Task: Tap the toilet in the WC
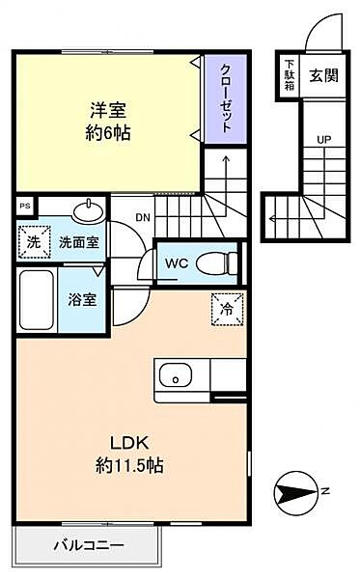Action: click(217, 263)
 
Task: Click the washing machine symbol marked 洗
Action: click(34, 242)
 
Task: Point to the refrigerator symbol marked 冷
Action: click(228, 309)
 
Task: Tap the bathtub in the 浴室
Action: click(37, 299)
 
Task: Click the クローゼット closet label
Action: click(226, 98)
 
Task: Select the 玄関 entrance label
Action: click(323, 76)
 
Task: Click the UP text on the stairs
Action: click(324, 140)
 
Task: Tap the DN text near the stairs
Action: click(143, 217)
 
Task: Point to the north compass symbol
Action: click(295, 492)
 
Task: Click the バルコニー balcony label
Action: click(89, 545)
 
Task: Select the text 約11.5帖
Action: click(129, 466)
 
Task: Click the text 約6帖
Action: click(108, 133)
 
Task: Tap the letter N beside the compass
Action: click(325, 491)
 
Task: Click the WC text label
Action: click(177, 263)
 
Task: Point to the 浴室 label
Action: click(82, 300)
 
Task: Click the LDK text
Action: click(129, 443)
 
